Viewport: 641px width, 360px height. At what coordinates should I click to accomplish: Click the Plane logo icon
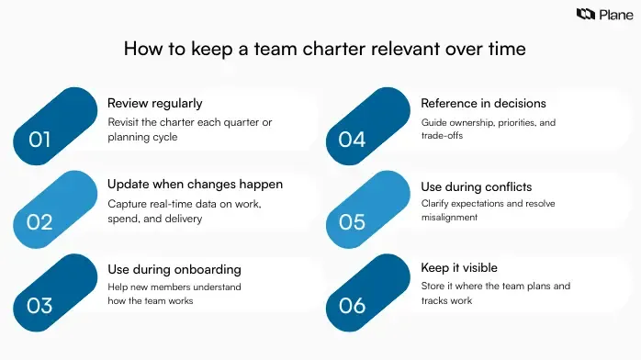(585, 14)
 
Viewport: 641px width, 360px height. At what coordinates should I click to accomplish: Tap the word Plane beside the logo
(612, 14)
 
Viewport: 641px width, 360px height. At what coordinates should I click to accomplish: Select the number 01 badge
(39, 140)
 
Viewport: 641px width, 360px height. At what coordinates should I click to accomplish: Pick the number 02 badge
(39, 221)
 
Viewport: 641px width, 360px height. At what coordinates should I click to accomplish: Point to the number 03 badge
(39, 305)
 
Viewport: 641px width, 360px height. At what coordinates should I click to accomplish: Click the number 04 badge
(353, 140)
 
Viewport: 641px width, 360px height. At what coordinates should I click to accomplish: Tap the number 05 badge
(353, 221)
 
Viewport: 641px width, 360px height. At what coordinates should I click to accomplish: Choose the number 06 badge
(353, 305)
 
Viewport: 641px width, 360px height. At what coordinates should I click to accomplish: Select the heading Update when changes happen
(195, 185)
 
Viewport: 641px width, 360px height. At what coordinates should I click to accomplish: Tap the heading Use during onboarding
(174, 269)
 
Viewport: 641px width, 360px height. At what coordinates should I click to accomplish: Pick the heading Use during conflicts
(476, 187)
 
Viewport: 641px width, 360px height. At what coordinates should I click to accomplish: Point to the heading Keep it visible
(459, 268)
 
